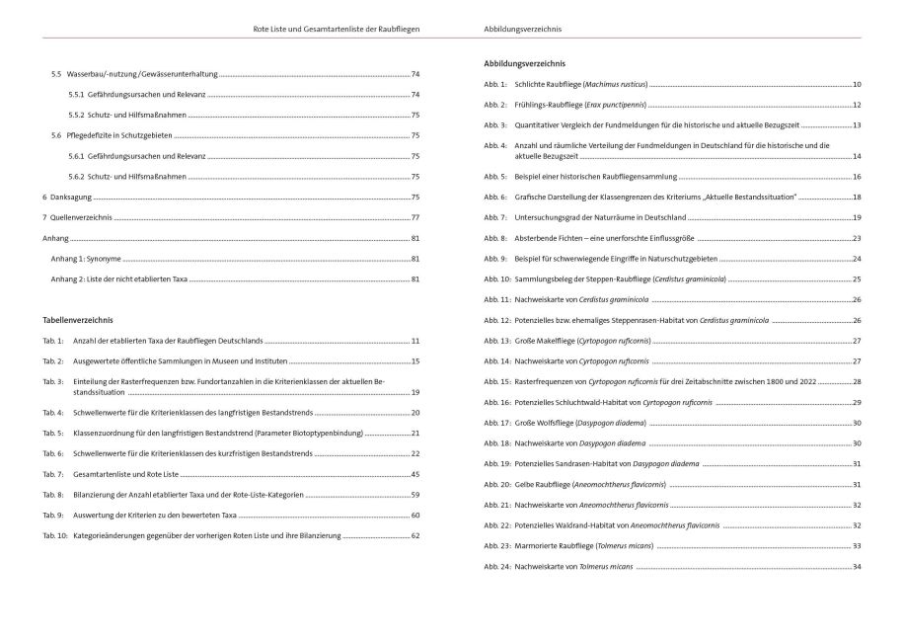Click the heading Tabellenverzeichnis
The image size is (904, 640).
pos(78,321)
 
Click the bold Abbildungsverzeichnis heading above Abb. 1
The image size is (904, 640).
pos(523,64)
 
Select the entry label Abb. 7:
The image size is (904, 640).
pos(495,217)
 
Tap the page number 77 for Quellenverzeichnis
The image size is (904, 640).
pos(415,217)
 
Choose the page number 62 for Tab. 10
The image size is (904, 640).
pos(415,535)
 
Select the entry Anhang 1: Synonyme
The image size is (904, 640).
pos(86,259)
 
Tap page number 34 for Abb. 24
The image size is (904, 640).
pos(857,567)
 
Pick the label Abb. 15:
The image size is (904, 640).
pos(496,381)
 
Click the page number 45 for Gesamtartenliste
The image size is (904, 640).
pos(415,474)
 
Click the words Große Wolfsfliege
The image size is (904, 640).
pos(549,423)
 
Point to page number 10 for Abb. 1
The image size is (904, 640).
pos(857,84)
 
